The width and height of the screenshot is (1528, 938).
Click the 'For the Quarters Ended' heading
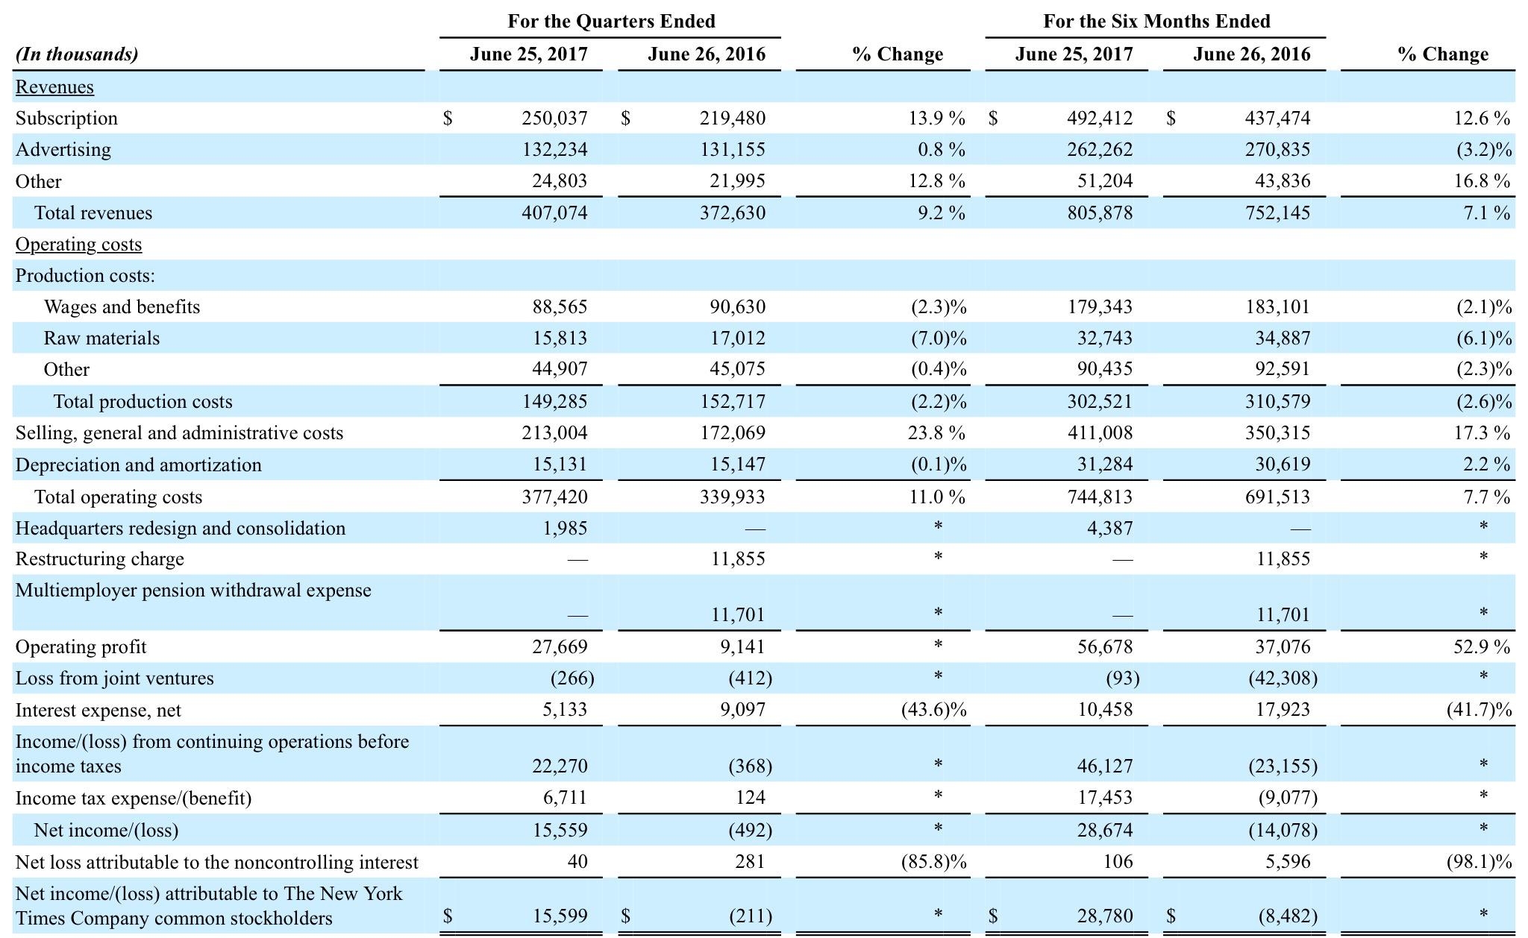(x=610, y=21)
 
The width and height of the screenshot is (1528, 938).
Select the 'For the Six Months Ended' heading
(x=1156, y=21)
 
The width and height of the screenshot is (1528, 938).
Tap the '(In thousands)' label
(x=77, y=54)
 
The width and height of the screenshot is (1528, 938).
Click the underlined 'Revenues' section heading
(x=54, y=87)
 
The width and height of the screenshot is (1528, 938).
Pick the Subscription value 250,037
(x=554, y=119)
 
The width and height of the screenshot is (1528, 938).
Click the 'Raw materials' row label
(x=101, y=339)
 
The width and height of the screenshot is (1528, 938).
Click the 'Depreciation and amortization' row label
(x=139, y=465)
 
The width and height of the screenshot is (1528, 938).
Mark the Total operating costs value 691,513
(x=1277, y=497)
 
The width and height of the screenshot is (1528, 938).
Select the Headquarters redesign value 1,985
(x=564, y=529)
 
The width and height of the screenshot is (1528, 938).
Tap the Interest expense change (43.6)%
(x=933, y=710)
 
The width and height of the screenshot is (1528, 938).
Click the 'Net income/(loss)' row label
(x=106, y=831)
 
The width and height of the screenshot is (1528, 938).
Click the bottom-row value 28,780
(x=1104, y=916)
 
